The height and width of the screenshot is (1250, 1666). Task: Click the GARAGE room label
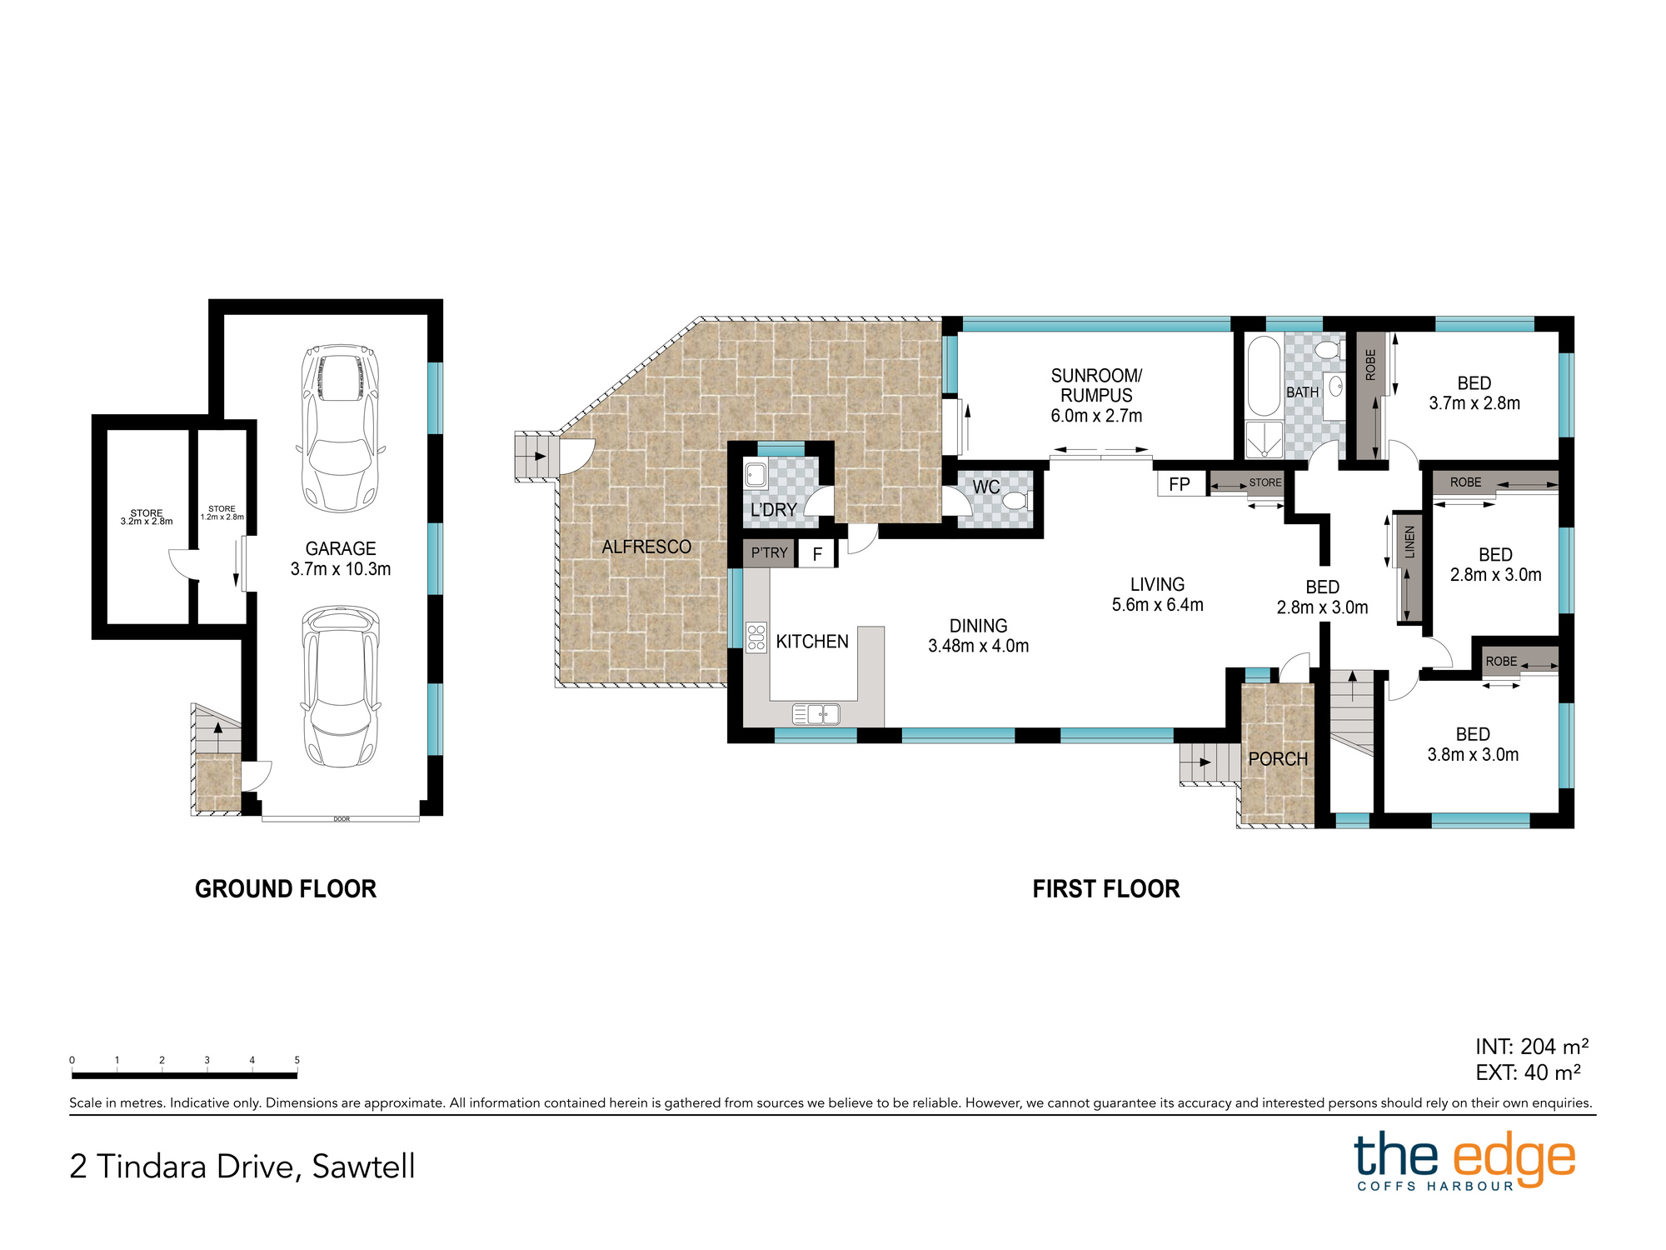(341, 548)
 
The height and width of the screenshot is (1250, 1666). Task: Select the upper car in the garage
(340, 427)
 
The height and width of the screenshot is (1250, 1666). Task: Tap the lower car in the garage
(340, 686)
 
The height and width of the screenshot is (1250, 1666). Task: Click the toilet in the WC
(1017, 501)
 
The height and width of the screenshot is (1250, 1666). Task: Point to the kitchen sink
(816, 713)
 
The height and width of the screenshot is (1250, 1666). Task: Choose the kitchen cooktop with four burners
(756, 637)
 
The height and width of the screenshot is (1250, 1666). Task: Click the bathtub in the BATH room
(1263, 375)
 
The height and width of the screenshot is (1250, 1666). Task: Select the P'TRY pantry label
(769, 552)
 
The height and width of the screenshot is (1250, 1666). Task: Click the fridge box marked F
(817, 554)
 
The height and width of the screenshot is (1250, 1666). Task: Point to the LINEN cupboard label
(1409, 542)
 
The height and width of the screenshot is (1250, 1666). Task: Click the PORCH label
(1278, 759)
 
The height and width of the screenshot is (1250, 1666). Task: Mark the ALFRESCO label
(646, 547)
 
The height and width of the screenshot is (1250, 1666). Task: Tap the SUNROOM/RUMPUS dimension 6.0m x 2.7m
(1096, 416)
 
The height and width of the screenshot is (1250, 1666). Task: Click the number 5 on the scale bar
(297, 1060)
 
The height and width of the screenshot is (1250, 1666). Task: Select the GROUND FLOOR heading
(286, 889)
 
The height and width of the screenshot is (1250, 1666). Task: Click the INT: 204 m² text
(1532, 1046)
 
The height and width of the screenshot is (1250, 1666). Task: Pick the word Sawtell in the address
(363, 1166)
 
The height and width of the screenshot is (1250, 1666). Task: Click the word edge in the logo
(1514, 1159)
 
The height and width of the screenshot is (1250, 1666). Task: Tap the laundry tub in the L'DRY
(756, 474)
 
